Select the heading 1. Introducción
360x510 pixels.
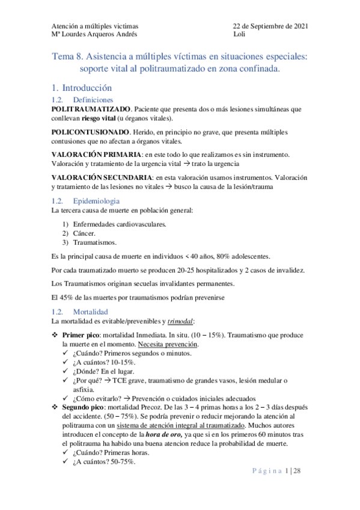[82, 87]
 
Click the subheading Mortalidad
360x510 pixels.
[90, 312]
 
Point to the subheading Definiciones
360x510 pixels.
[93, 99]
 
